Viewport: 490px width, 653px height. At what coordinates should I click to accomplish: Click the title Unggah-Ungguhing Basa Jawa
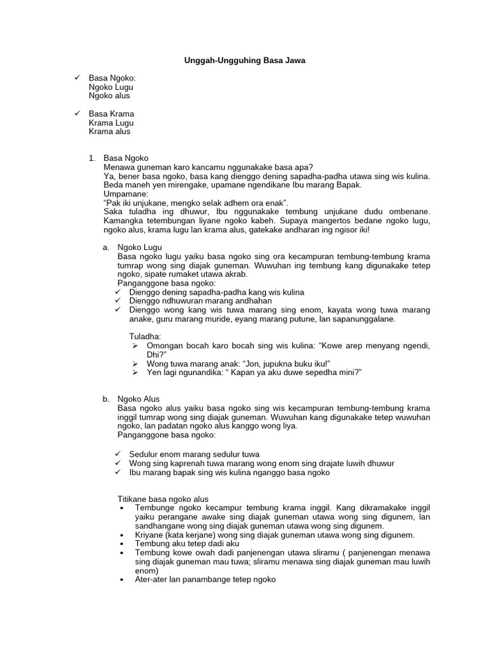click(x=244, y=61)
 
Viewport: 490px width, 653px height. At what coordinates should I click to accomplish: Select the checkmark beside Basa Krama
click(x=77, y=114)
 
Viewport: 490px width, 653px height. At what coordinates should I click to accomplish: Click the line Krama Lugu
click(x=111, y=122)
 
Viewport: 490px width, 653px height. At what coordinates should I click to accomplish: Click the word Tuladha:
click(x=145, y=336)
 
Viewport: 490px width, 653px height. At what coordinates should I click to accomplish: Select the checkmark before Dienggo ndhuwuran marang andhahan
click(x=119, y=301)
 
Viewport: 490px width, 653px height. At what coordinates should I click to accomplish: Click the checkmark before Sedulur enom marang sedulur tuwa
click(x=119, y=454)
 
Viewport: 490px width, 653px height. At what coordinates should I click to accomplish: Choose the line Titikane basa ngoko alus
click(x=163, y=499)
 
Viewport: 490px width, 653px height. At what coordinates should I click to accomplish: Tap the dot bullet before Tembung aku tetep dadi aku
click(x=122, y=544)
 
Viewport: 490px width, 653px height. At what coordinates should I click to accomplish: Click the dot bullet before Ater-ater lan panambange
click(x=122, y=580)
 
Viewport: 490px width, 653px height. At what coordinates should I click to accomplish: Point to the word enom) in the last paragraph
click(x=147, y=571)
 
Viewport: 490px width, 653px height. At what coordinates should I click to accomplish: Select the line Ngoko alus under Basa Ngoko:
click(x=109, y=96)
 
